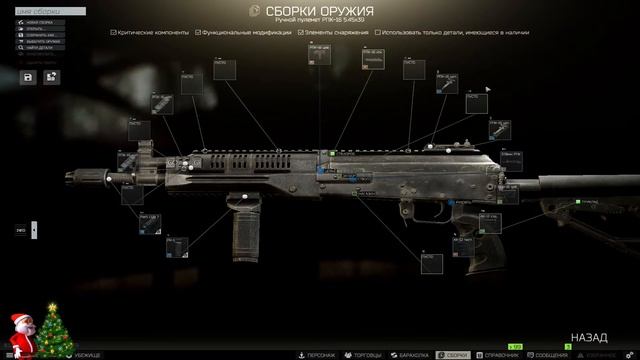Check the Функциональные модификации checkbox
click(197, 32)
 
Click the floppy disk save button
click(26, 76)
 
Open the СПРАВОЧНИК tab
click(501, 354)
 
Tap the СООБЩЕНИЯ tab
click(548, 354)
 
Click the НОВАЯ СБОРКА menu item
click(40, 21)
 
